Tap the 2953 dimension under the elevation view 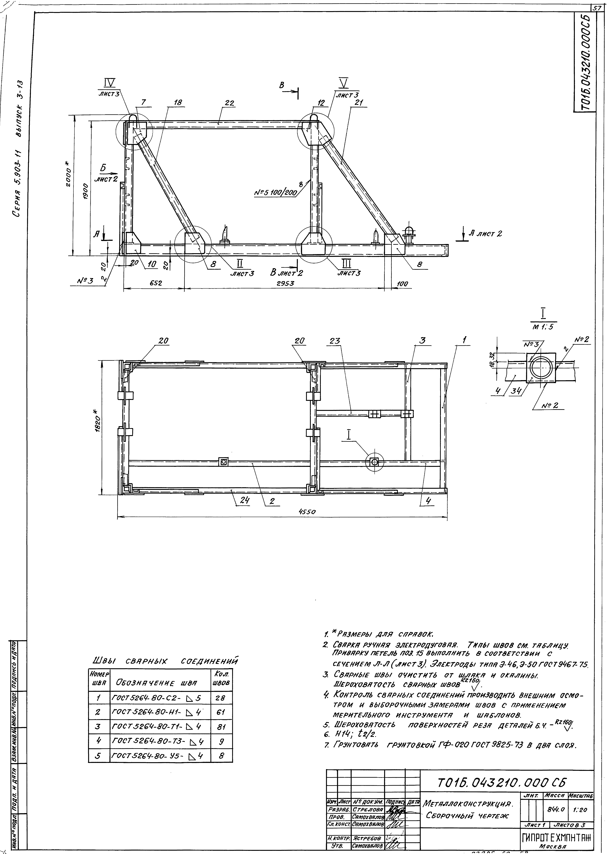285,283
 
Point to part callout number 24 244,501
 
